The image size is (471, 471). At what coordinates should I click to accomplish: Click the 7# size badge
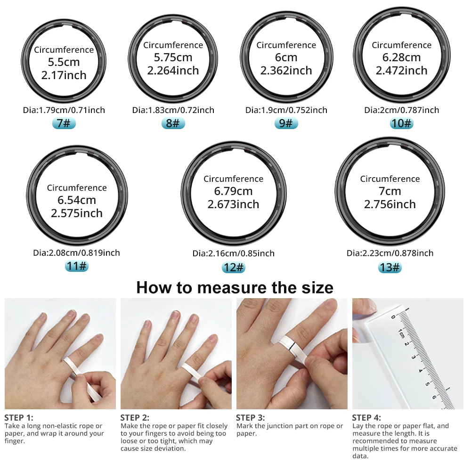[x=64, y=124]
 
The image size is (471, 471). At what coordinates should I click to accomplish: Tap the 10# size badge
[x=401, y=124]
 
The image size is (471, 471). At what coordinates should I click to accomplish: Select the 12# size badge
[x=233, y=268]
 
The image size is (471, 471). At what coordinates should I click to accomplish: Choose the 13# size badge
[x=390, y=268]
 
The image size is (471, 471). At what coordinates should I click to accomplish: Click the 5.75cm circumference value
[x=173, y=58]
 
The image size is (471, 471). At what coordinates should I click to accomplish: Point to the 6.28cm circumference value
[x=401, y=58]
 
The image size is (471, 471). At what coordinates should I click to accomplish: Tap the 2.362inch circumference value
[x=286, y=71]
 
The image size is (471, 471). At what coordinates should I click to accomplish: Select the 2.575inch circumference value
[x=77, y=213]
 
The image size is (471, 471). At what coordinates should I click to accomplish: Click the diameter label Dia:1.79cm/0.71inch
[x=64, y=110]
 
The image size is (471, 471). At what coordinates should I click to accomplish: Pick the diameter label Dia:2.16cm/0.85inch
[x=233, y=253]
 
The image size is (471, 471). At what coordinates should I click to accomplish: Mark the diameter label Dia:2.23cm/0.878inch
[x=390, y=253]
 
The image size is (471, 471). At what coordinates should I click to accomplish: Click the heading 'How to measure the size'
[x=235, y=287]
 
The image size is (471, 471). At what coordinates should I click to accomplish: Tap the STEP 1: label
[x=19, y=417]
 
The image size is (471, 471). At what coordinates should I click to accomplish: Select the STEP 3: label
[x=250, y=417]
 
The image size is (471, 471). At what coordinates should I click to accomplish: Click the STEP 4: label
[x=366, y=417]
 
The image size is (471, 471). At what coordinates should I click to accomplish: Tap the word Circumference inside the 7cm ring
[x=390, y=179]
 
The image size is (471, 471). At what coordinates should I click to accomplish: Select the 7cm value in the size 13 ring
[x=390, y=191]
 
